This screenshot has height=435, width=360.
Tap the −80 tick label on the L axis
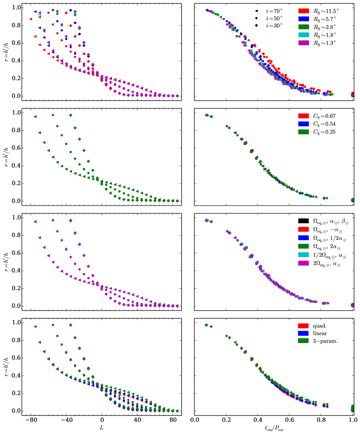tap(30, 420)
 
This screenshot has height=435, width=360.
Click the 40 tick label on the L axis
tap(137, 420)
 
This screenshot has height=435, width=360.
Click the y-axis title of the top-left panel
tap(6, 53)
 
